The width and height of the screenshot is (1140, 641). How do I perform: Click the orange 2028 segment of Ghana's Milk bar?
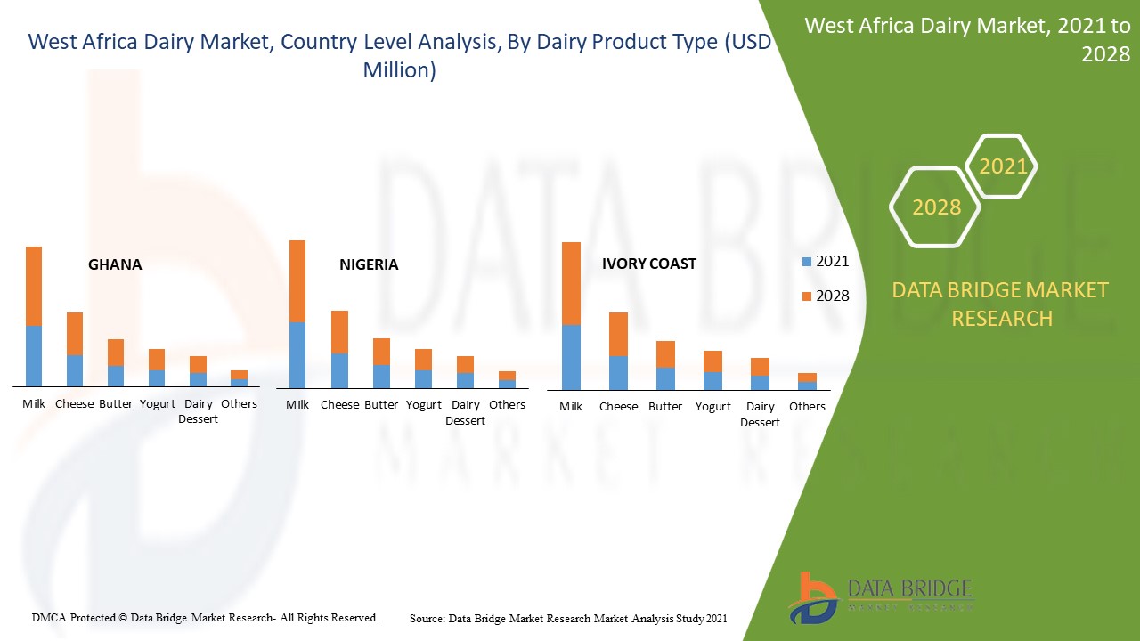34,286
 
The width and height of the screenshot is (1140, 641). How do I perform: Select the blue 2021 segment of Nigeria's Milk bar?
297,355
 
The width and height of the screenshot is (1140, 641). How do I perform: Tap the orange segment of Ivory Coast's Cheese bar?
618,334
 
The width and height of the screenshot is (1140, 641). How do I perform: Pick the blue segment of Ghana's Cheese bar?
75,371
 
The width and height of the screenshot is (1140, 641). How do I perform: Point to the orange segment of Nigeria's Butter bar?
382,352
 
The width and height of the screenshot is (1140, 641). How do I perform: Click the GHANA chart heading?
115,264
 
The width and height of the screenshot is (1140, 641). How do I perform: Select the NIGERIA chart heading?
369,264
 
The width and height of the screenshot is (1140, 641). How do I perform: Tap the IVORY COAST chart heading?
649,264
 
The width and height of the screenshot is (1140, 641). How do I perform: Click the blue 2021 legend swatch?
807,262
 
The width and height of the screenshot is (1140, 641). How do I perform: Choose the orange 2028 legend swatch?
807,296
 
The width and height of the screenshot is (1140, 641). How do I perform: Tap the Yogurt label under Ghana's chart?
158,404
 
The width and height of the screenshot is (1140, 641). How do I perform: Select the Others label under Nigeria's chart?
507,404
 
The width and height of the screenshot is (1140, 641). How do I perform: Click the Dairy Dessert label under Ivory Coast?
760,414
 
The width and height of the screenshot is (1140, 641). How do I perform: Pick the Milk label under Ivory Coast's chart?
571,406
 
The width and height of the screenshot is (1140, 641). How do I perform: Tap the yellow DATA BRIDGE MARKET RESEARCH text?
1000,304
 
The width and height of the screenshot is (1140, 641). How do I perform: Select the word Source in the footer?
427,619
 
